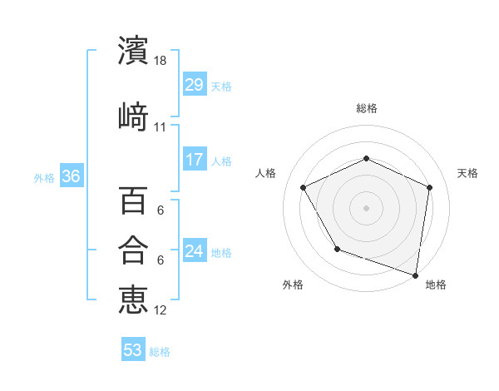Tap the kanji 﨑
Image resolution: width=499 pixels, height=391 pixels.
[x=133, y=116]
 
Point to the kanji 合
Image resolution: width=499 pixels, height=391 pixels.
[x=133, y=250]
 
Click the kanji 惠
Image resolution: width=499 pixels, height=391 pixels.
[x=133, y=299]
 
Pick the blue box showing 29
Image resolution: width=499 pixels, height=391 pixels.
[x=195, y=85]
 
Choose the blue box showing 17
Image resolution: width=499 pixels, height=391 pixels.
[x=195, y=160]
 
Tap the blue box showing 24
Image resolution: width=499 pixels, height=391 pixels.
[x=195, y=251]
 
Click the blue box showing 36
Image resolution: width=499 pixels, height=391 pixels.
[x=71, y=176]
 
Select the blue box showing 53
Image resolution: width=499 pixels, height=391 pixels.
[x=133, y=350]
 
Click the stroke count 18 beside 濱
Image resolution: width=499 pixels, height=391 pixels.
[x=161, y=61]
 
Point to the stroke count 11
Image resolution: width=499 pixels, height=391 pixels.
[x=161, y=127]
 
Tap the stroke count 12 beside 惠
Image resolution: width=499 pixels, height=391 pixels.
[x=161, y=310]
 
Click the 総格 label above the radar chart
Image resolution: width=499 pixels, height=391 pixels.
[x=366, y=108]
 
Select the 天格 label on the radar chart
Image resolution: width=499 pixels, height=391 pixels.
[x=467, y=173]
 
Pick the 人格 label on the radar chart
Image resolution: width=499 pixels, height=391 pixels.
[x=266, y=173]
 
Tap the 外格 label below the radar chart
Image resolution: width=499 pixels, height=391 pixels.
[x=293, y=285]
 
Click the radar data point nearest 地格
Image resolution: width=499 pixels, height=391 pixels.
[x=415, y=275]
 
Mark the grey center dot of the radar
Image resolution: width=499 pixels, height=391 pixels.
[x=366, y=207]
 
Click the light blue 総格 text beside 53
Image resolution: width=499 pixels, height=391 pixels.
[x=160, y=351]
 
